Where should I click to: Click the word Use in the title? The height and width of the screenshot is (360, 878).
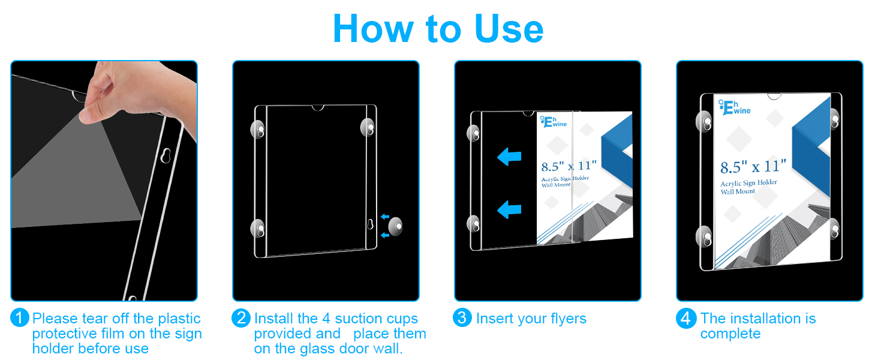509,29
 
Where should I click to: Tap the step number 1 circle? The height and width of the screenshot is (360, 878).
20,317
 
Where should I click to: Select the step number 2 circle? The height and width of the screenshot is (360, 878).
241,317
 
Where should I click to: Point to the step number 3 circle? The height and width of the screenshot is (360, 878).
462,317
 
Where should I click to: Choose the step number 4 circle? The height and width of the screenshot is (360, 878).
686,318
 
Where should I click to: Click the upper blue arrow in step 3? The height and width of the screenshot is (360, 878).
509,157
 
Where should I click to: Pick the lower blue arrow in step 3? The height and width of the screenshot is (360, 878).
509,209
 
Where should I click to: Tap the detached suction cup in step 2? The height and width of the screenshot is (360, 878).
395,226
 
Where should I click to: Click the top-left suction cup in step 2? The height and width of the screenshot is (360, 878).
258,130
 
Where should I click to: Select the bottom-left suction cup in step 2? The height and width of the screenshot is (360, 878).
258,229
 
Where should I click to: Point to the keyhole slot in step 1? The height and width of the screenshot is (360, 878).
166,155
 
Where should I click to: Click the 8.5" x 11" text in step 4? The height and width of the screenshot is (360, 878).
753,167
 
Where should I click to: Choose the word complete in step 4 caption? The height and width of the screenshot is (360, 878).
730,334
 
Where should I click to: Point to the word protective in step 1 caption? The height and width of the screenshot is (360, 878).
65,334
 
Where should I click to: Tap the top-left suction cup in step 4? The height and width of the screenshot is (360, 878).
704,122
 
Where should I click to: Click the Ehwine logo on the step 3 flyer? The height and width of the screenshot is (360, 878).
554,122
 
